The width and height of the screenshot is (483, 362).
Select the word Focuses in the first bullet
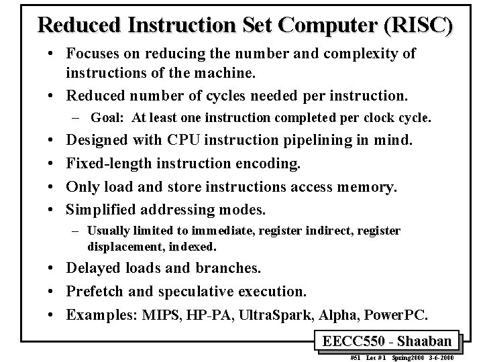point(93,54)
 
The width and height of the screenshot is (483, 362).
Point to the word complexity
point(359,54)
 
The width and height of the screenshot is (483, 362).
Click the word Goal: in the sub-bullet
point(109,118)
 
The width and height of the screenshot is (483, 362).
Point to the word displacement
point(122,246)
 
